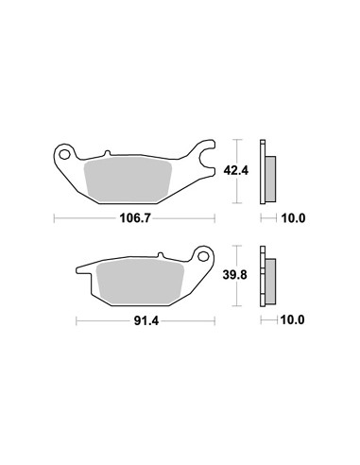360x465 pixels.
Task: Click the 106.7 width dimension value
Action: (x=136, y=218)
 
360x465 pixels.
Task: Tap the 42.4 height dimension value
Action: (x=236, y=171)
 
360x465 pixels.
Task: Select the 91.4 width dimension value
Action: (x=146, y=321)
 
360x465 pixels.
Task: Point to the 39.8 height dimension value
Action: (x=235, y=275)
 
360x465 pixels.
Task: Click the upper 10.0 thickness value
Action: (x=293, y=218)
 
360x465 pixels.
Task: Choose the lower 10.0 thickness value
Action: (x=293, y=320)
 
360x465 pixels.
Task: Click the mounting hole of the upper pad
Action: (x=65, y=155)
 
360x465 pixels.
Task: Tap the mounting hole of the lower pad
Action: (x=203, y=257)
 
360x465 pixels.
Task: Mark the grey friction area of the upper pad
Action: (x=128, y=181)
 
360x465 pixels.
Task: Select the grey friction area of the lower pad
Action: (x=141, y=282)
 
